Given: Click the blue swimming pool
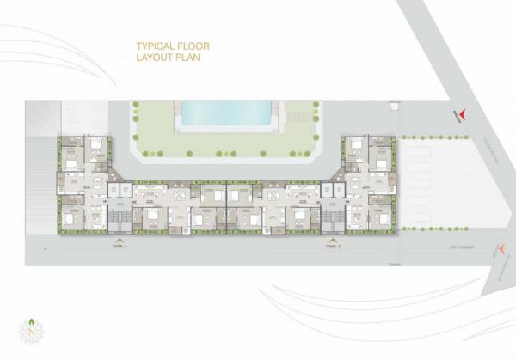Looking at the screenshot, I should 226,113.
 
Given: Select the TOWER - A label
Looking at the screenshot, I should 119,246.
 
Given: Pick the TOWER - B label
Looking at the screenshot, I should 334,246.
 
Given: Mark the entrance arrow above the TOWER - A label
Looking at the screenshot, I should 119,238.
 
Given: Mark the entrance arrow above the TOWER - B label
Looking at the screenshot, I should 334,238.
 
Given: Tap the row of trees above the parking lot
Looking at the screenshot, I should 422,137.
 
